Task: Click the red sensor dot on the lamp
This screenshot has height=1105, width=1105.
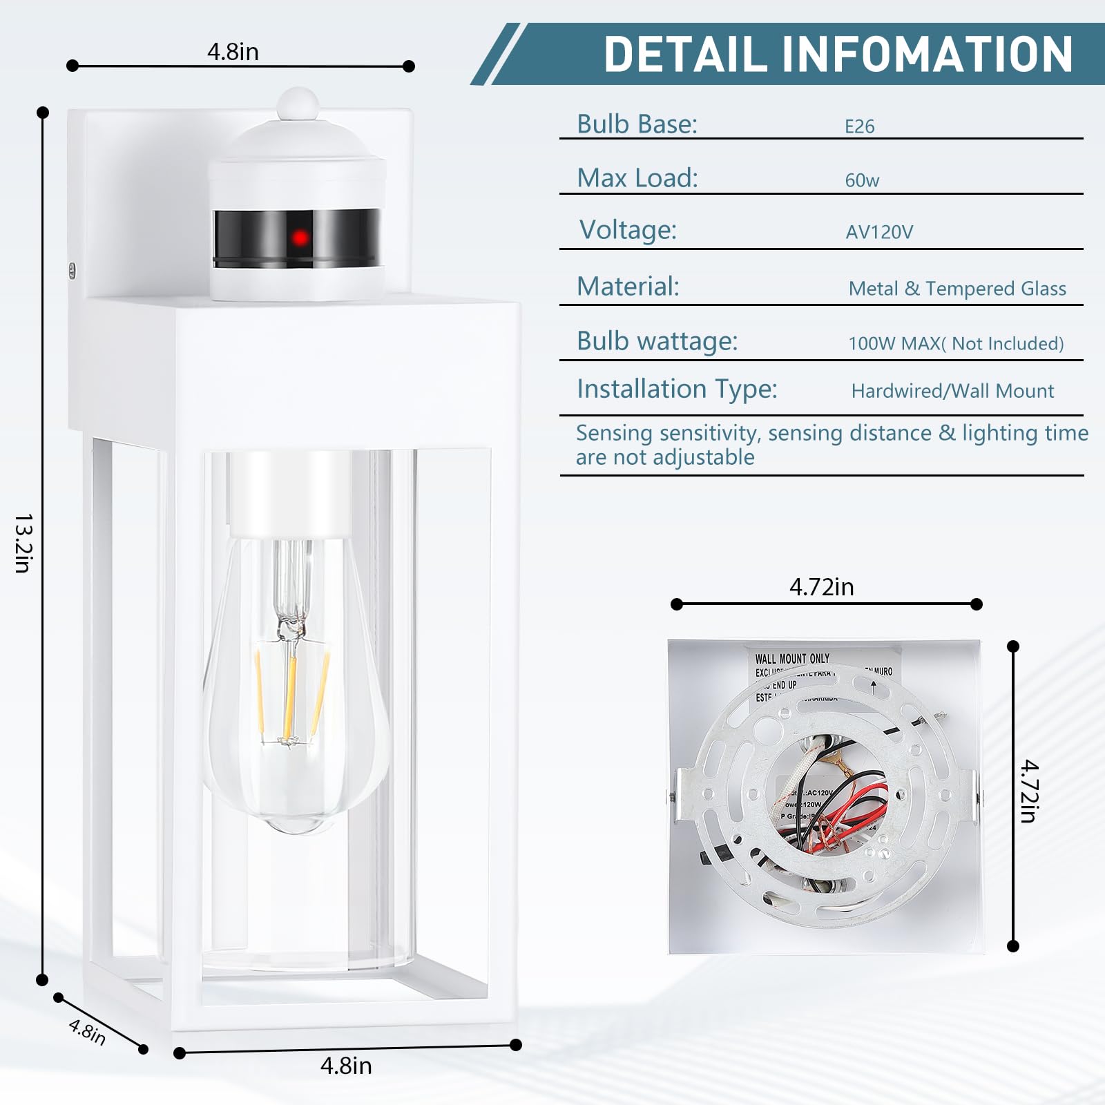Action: (x=300, y=238)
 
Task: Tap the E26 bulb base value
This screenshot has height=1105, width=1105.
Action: (x=859, y=126)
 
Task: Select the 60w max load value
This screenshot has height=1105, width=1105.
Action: (x=862, y=180)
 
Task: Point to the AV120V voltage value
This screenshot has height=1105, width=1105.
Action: (x=879, y=232)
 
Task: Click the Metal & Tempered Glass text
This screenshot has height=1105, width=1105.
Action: (x=957, y=289)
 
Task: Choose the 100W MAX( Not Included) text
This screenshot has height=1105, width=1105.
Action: (x=955, y=344)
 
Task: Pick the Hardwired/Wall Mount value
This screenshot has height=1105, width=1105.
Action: (x=952, y=392)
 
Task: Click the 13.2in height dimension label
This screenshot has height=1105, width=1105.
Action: (x=23, y=543)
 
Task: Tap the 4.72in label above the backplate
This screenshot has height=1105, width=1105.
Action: (x=821, y=587)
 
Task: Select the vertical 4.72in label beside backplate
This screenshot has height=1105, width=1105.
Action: (x=1029, y=791)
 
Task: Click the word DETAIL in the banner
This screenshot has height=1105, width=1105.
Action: (x=685, y=55)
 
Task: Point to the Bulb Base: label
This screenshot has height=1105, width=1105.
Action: (x=637, y=124)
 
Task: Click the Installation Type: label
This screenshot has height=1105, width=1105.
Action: (x=677, y=389)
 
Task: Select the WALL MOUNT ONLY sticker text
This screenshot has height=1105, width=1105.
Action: (x=791, y=659)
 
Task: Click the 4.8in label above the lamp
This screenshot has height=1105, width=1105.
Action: (x=233, y=52)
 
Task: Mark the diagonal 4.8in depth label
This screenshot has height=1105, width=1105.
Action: (x=88, y=1032)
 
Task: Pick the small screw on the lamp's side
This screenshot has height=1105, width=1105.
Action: (x=72, y=270)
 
